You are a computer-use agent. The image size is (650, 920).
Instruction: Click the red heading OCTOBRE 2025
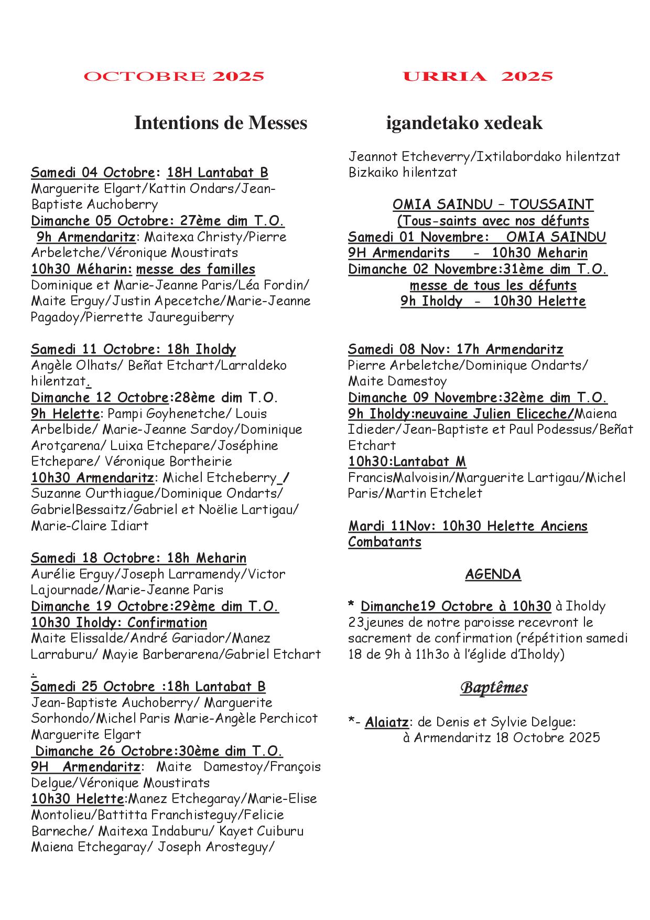174,77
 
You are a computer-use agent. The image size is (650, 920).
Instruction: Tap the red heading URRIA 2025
478,77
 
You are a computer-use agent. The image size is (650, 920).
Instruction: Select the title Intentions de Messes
221,123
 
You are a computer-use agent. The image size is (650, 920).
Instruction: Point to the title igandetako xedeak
464,123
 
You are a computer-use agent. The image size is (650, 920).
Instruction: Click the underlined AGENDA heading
493,574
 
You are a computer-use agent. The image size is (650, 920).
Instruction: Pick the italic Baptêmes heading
494,688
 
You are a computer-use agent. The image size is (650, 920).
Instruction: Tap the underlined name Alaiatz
386,722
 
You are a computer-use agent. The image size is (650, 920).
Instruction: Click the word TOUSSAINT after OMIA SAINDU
551,205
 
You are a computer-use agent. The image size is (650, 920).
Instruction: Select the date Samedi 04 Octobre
93,173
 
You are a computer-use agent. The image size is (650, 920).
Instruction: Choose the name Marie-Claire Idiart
90,526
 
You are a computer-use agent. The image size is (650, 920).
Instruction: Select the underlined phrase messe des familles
196,269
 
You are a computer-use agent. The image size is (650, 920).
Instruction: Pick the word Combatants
385,542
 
